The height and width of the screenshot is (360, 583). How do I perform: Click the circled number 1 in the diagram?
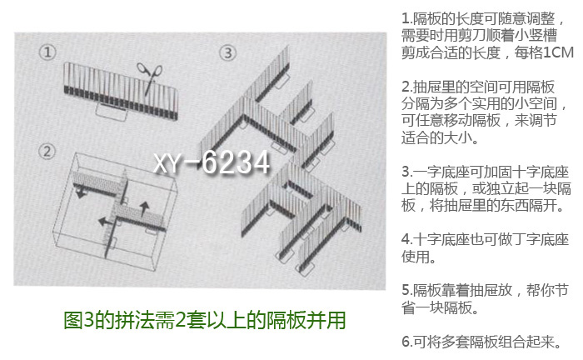[x=47, y=52]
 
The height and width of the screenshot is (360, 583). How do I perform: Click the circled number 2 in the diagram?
[x=47, y=152]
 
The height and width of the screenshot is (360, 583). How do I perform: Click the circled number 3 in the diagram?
[x=227, y=52]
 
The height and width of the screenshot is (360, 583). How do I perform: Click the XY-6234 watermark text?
[x=212, y=162]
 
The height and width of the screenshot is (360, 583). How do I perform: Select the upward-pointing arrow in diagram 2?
[x=144, y=208]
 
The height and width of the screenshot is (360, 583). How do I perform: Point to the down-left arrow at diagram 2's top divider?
[x=81, y=193]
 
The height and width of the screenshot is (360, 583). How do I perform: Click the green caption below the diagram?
[x=205, y=320]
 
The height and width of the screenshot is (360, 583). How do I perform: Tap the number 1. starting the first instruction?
[x=407, y=18]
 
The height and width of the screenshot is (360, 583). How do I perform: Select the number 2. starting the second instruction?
[x=407, y=87]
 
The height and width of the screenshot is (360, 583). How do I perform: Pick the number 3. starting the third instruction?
[x=407, y=172]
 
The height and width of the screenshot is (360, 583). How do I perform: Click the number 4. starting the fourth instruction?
[x=407, y=239]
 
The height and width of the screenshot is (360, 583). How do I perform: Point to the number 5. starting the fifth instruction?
[x=407, y=290]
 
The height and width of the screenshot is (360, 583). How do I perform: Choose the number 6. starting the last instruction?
[x=407, y=342]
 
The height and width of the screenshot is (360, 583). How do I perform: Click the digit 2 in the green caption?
[x=180, y=320]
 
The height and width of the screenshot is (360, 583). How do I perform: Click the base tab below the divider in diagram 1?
[x=112, y=112]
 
